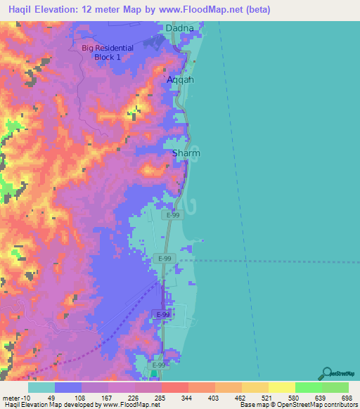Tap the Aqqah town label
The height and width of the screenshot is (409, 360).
(179, 80)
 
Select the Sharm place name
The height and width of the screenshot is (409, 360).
(186, 152)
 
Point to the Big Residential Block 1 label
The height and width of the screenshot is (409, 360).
(107, 53)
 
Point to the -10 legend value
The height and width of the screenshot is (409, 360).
(22, 397)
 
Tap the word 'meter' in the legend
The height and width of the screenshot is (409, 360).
(10, 397)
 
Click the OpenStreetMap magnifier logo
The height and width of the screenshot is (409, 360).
(326, 373)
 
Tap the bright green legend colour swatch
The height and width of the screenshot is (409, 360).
(309, 387)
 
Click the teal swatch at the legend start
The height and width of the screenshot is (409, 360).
(41, 387)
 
